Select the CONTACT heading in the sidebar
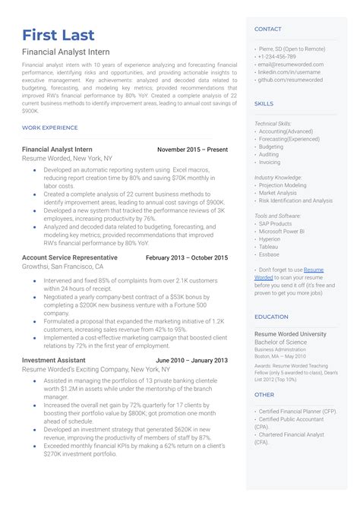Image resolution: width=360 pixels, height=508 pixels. (x=267, y=29)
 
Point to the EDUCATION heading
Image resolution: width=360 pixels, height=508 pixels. (x=271, y=317)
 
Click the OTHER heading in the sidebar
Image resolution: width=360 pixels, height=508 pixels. (x=264, y=395)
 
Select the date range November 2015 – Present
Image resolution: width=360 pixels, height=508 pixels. (x=192, y=150)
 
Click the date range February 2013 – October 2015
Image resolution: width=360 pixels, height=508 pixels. (x=186, y=257)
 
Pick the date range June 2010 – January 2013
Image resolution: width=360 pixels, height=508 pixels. (x=191, y=360)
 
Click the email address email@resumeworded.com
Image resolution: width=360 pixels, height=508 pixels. (x=291, y=65)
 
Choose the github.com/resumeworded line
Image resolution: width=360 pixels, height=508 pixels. (x=290, y=79)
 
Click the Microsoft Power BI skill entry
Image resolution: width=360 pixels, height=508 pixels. (x=281, y=230)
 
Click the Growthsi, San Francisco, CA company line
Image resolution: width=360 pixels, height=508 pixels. (x=69, y=267)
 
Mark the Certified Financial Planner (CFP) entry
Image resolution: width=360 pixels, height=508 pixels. (x=295, y=411)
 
